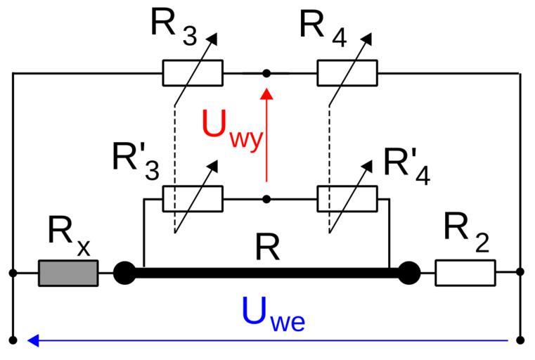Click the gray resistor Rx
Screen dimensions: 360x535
68,273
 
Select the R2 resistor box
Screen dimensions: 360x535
465,273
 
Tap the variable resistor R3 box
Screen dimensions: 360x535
193,73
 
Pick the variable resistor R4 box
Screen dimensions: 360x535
347,73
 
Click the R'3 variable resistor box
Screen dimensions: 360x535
193,199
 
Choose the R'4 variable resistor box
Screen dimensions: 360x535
347,199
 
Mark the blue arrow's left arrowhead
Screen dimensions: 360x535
32,341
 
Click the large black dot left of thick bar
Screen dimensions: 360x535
124,273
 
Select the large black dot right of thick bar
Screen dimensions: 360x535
408,273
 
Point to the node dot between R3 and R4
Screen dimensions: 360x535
266,73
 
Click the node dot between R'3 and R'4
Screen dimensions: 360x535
266,199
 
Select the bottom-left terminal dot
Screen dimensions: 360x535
13,341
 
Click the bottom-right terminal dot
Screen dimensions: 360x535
520,341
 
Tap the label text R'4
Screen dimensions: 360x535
407,166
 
